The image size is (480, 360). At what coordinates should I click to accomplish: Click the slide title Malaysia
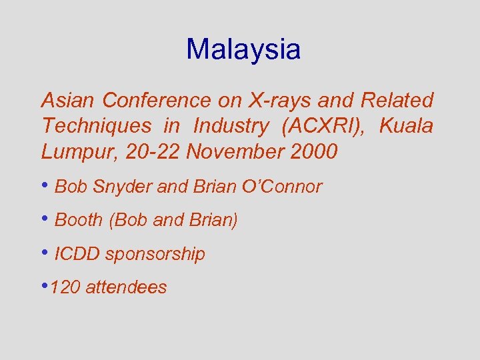pyautogui.click(x=243, y=49)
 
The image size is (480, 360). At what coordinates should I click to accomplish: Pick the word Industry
pyautogui.click(x=231, y=126)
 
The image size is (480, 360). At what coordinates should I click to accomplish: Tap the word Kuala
pyautogui.click(x=406, y=126)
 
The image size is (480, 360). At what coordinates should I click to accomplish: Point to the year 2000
pyautogui.click(x=314, y=152)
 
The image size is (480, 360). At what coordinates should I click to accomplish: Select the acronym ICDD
pyautogui.click(x=77, y=254)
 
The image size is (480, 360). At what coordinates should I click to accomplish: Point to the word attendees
pyautogui.click(x=126, y=287)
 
